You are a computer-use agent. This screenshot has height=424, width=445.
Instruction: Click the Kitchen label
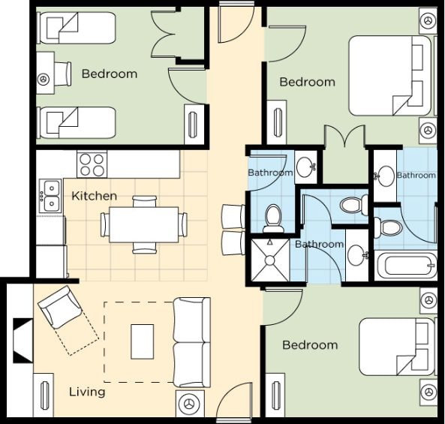point(95,196)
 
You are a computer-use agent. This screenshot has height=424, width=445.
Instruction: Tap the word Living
point(87,392)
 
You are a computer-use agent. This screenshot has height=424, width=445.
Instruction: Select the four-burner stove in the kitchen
point(92,164)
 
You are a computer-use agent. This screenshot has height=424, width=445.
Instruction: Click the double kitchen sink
point(50,196)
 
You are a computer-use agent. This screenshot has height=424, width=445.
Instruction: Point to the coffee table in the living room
point(142,341)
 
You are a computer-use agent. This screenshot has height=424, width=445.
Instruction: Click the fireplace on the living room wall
point(23,341)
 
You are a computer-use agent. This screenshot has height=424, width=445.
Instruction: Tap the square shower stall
point(270,260)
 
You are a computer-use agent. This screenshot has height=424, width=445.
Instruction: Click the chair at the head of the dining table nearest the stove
point(144,201)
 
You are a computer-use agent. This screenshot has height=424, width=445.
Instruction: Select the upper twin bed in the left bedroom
point(76,28)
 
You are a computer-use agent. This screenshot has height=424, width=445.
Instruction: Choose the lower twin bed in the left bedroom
point(76,122)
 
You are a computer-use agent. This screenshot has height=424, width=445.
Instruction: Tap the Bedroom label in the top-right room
point(308,82)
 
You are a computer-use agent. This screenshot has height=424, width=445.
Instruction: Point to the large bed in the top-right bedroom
point(390,76)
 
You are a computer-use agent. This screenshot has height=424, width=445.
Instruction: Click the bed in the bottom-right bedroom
point(397,346)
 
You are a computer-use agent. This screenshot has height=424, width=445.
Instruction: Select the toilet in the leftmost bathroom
point(273,218)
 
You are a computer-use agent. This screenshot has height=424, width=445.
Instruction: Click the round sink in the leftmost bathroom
point(306,167)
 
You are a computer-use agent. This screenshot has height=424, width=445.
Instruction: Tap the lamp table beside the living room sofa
point(190,404)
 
